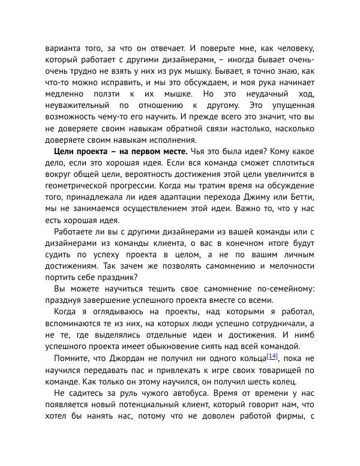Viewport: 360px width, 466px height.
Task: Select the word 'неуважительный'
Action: (x=83, y=106)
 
